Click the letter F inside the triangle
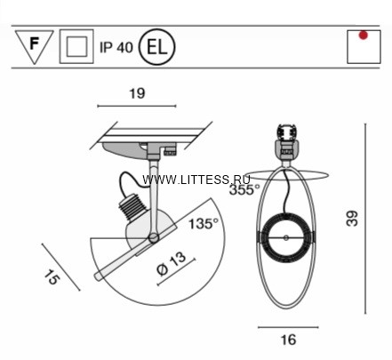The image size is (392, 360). (35, 44)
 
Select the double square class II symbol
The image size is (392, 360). (76, 46)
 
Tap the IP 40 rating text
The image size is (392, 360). (116, 47)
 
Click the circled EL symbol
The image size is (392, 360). (157, 47)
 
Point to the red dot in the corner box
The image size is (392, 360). (364, 36)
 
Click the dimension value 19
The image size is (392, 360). (137, 93)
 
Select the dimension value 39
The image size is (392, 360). (352, 219)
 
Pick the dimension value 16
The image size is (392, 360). (288, 340)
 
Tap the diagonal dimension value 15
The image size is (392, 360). (52, 277)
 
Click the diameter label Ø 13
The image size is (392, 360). (172, 264)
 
